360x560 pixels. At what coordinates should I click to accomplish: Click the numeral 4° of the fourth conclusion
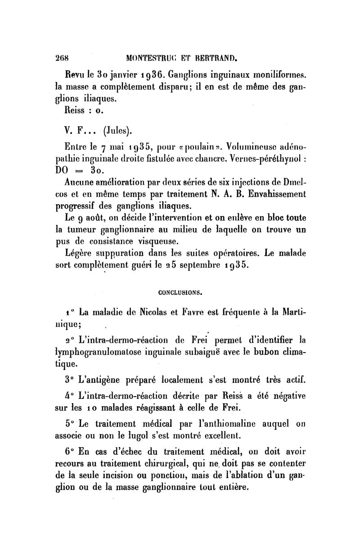[x=70, y=397]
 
